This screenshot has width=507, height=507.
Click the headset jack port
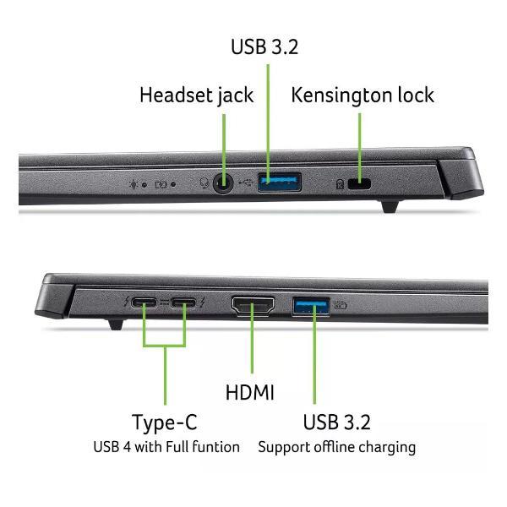223,183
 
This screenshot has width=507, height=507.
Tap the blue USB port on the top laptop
280,182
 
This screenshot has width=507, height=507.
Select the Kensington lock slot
359,184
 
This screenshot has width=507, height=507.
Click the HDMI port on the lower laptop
253,306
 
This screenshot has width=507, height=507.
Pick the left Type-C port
144,303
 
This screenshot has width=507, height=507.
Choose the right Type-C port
183,303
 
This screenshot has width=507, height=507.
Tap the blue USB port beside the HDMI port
311,306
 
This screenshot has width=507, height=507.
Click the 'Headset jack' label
197,95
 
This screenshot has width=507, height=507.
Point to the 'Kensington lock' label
363,95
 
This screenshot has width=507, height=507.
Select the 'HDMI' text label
250,392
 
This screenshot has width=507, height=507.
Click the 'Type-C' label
165,422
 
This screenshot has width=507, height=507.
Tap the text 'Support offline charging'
337,448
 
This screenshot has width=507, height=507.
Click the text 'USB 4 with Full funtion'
166,447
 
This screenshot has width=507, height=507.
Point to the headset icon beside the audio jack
204,183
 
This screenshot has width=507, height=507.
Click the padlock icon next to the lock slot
340,184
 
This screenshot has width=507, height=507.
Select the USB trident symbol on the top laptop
246,183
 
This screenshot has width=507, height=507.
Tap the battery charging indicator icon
161,184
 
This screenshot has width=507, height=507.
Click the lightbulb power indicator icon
134,184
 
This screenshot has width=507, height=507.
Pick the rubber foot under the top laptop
390,206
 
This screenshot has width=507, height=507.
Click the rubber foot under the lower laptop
116,324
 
